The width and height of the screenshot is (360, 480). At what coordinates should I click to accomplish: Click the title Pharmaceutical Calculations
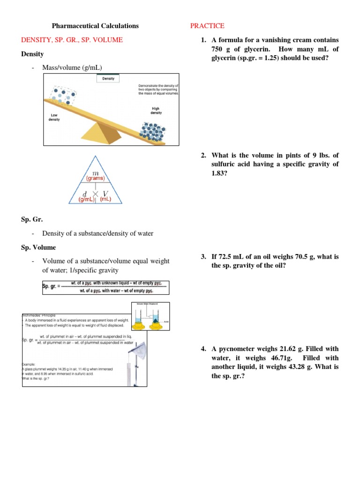coord(95,26)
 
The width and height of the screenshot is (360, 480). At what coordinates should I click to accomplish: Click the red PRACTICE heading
coord(207,26)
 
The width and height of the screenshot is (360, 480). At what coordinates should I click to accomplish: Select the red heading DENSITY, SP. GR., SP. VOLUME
coord(72,40)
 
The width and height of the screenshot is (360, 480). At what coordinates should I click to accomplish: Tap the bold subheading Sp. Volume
coord(38,247)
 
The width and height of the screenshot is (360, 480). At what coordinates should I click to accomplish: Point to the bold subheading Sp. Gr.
coord(32,219)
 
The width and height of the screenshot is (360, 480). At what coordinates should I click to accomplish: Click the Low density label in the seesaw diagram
coord(54,117)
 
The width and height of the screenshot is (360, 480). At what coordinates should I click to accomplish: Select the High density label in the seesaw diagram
coord(156,110)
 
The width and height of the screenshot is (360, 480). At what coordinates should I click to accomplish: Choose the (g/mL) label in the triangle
coord(87,199)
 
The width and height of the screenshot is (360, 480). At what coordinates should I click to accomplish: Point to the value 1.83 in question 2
coord(219,173)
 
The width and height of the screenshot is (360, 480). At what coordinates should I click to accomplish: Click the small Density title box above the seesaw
coord(108,79)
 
